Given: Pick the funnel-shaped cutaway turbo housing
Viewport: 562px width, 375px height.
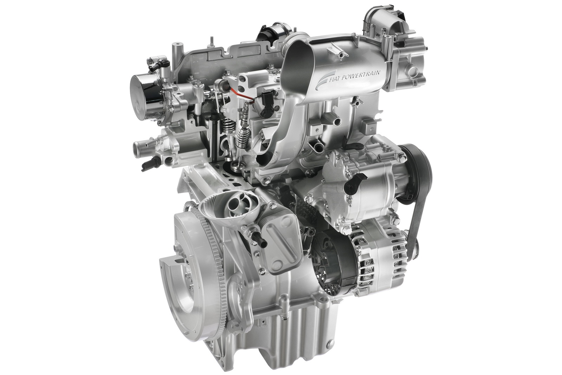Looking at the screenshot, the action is pos(230,211).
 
